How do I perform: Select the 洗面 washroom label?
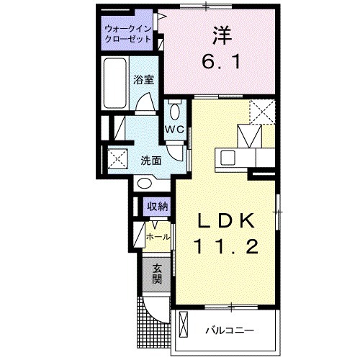[x=150, y=161]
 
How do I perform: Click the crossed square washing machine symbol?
[x=117, y=158]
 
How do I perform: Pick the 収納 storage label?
[x=158, y=207]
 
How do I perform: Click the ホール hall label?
[x=158, y=237]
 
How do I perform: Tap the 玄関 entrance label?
[x=156, y=274]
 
